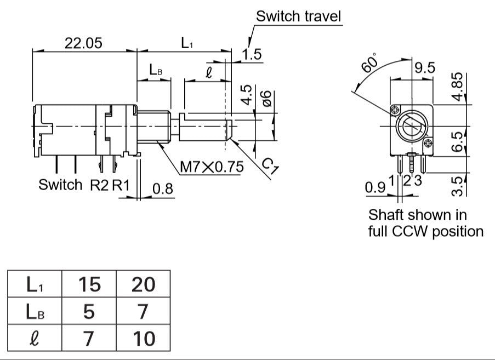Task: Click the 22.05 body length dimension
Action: click(x=83, y=43)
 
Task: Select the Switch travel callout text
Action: click(x=299, y=16)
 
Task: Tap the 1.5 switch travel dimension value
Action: click(x=252, y=54)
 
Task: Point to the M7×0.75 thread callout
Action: click(x=212, y=167)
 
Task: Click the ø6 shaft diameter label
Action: click(x=267, y=99)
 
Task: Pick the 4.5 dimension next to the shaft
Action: click(x=247, y=94)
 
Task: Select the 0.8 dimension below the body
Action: click(x=163, y=188)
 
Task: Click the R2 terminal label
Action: click(x=99, y=185)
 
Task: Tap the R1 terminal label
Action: click(x=121, y=185)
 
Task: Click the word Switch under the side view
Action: click(x=60, y=185)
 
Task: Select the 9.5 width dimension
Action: click(x=425, y=68)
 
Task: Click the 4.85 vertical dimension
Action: click(x=457, y=87)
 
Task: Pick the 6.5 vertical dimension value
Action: click(x=457, y=142)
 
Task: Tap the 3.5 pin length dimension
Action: click(x=457, y=186)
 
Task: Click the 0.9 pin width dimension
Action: click(x=375, y=187)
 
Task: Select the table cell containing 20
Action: click(x=143, y=284)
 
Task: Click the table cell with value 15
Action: click(x=89, y=284)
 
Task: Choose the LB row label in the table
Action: click(x=35, y=311)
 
